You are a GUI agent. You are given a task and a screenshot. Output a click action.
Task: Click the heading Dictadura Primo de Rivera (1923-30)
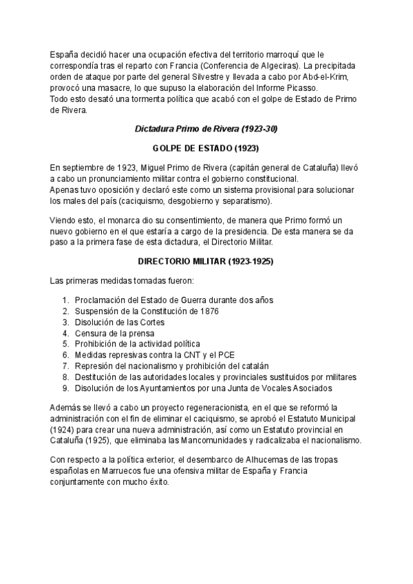(206, 129)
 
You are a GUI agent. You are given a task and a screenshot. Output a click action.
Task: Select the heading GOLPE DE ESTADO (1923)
(206, 148)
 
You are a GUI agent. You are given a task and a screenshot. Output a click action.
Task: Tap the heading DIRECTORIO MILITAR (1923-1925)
(206, 262)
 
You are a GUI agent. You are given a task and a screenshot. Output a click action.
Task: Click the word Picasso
(300, 88)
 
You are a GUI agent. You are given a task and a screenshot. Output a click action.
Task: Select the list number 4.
(65, 333)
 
